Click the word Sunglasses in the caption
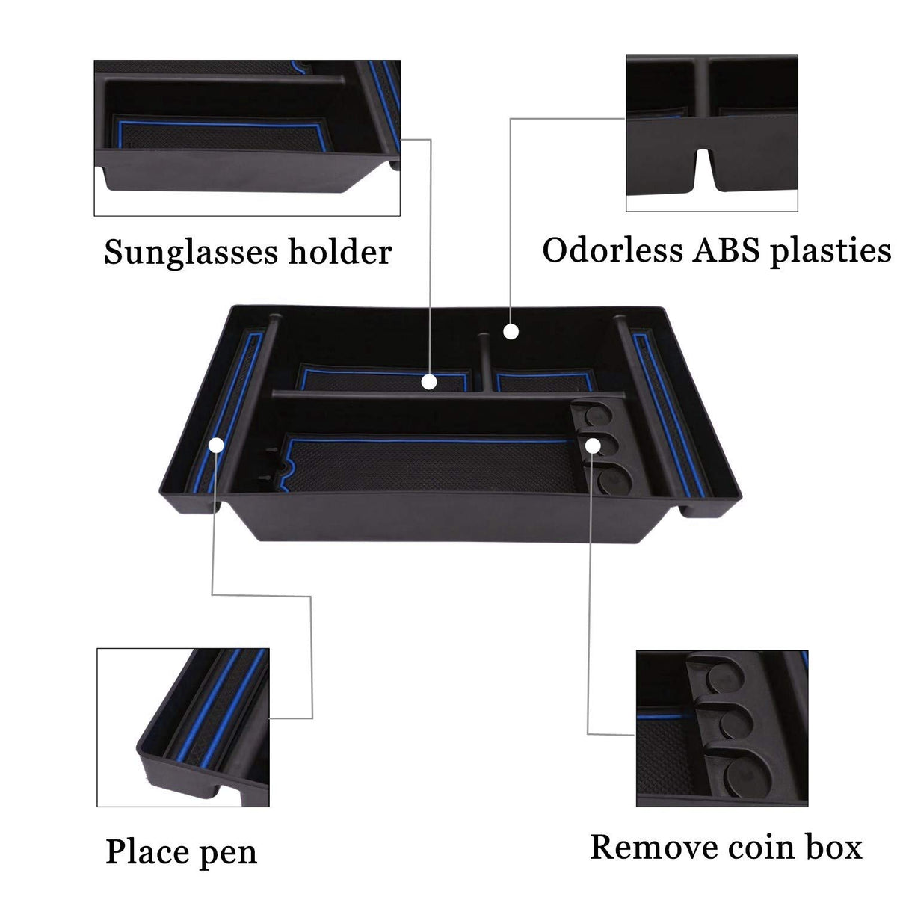pyautogui.click(x=190, y=253)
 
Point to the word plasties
pyautogui.click(x=830, y=252)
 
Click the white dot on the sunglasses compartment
pyautogui.click(x=429, y=382)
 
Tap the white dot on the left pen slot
pyautogui.click(x=216, y=445)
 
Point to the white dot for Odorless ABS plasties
pyautogui.click(x=511, y=332)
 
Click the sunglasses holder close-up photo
pyautogui.click(x=247, y=138)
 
